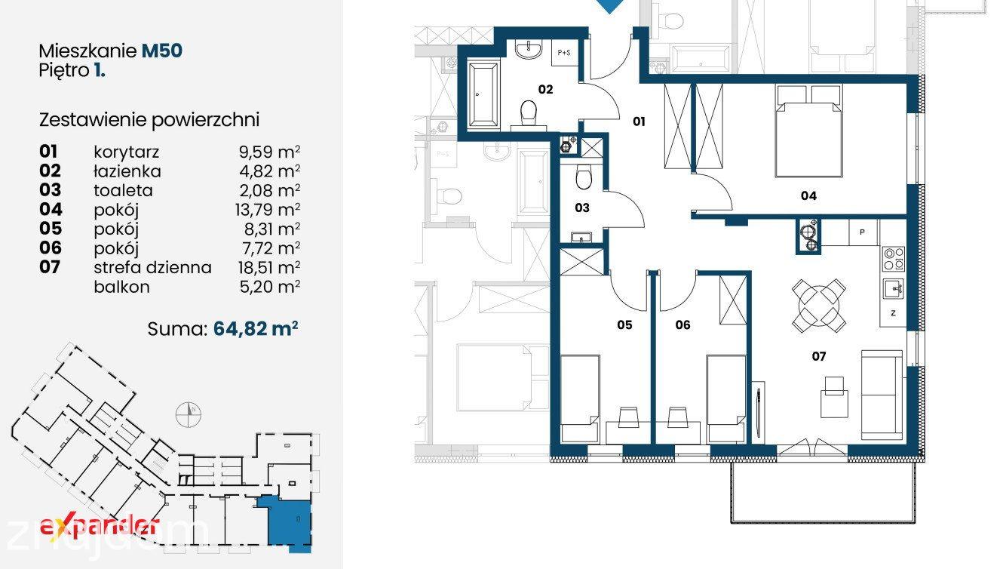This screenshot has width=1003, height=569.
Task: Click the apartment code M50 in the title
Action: (x=162, y=51)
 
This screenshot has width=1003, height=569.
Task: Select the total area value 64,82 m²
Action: (x=256, y=329)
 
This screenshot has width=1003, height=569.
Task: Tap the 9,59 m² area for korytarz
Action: (x=269, y=152)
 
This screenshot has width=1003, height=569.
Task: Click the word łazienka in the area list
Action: (x=127, y=171)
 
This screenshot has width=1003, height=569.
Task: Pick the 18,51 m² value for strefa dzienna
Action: (x=269, y=267)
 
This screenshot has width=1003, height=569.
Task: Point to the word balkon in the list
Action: (x=122, y=287)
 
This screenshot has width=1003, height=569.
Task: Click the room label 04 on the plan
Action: (x=808, y=195)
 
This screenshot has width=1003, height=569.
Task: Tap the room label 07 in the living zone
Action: (x=819, y=356)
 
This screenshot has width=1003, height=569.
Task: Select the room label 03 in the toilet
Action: (x=582, y=208)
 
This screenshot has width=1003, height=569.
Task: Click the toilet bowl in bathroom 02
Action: (x=529, y=113)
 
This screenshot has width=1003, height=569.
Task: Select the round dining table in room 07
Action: (x=818, y=306)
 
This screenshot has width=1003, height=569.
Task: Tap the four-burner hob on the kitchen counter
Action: (x=894, y=259)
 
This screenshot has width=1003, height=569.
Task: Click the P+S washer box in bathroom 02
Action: (x=564, y=53)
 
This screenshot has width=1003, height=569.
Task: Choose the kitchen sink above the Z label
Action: (x=894, y=288)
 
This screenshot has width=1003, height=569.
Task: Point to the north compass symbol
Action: (x=188, y=414)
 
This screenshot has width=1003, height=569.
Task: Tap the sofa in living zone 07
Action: (x=882, y=394)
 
